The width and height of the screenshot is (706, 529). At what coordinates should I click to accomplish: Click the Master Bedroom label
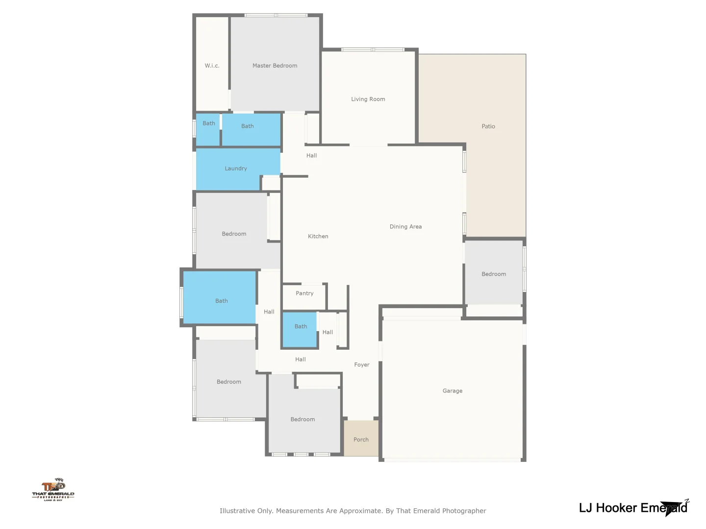pos(275,66)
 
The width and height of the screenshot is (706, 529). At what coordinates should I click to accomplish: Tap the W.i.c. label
pos(212,66)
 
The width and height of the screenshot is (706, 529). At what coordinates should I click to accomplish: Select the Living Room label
pos(368,99)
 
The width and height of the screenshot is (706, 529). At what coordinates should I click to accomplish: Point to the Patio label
pos(488,126)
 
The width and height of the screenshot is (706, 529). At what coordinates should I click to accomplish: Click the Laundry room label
pos(236,168)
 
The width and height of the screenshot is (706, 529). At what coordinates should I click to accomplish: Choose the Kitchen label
pos(318,236)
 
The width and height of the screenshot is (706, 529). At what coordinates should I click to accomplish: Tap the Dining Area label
pos(405,227)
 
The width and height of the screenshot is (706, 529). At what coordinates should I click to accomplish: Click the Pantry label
pos(304,293)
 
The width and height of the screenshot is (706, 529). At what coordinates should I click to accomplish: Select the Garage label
pos(452,391)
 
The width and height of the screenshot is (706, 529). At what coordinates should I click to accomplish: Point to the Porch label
pos(361,439)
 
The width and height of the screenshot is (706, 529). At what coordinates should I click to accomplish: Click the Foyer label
pos(362,365)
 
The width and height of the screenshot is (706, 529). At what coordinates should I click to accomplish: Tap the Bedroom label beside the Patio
pos(494,274)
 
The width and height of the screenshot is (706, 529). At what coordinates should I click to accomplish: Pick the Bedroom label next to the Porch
pos(303,419)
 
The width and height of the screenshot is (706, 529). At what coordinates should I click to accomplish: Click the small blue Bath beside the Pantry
pos(301,327)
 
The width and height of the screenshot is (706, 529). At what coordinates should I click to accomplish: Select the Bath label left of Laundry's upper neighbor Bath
pos(209,123)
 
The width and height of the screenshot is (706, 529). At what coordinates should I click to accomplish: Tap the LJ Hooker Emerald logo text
pos(632,508)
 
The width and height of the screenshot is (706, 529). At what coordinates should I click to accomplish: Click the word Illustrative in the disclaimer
pos(237,511)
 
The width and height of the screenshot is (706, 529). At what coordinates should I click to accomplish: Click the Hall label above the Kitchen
pos(311,156)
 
